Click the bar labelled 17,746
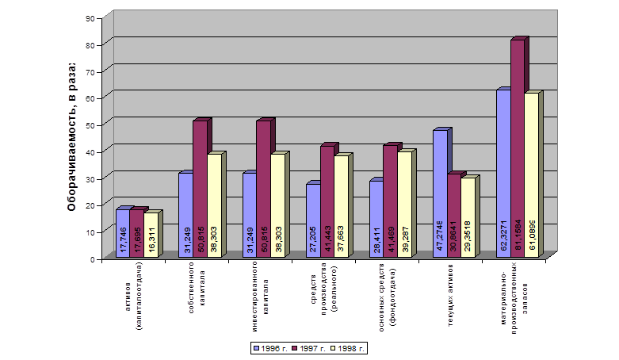point(123,232)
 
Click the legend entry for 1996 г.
point(268,348)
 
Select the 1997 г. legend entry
point(310,348)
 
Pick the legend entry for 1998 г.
point(351,348)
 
